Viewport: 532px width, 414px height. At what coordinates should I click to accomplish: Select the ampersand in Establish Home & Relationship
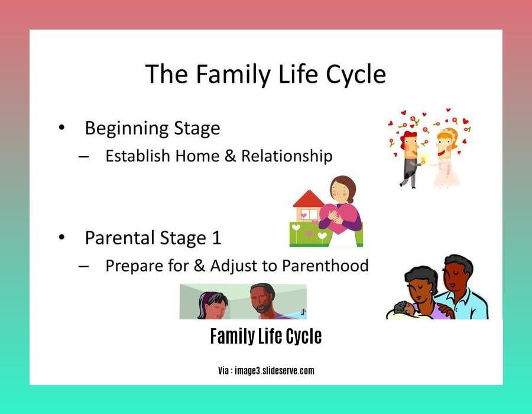click(230, 156)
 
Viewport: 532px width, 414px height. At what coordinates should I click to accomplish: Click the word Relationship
click(287, 157)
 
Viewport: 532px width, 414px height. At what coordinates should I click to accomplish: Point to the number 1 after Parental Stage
click(216, 238)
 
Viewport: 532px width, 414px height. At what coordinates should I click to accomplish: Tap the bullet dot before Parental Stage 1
click(61, 237)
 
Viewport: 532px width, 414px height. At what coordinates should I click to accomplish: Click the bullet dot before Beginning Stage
click(61, 128)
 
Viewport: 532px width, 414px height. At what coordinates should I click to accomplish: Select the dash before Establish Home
click(83, 157)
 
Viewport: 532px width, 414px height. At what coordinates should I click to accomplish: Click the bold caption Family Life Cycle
click(266, 337)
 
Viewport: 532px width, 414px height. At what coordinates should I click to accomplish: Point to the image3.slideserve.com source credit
click(274, 371)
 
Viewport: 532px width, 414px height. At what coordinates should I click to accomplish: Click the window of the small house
click(309, 215)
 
